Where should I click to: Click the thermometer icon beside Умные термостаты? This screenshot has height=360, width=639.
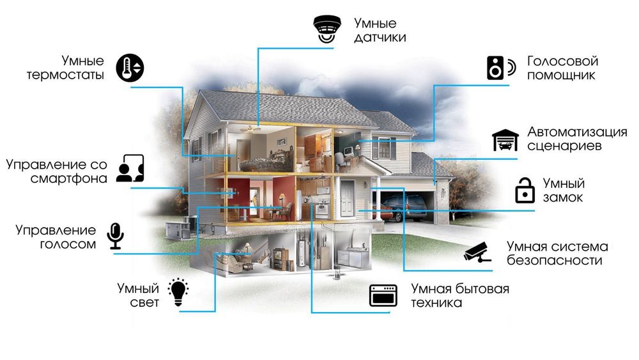click(x=130, y=68)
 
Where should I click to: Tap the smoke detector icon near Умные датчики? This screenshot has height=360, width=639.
click(x=327, y=29)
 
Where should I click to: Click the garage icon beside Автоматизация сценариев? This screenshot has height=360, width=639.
click(x=505, y=140)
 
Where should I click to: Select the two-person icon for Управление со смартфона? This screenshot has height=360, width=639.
click(x=130, y=169)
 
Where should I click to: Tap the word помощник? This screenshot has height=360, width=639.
click(x=562, y=75)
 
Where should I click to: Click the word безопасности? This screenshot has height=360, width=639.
click(x=554, y=261)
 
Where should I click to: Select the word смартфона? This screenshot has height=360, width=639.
click(x=68, y=178)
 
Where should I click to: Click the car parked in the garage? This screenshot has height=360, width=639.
click(x=403, y=206)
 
